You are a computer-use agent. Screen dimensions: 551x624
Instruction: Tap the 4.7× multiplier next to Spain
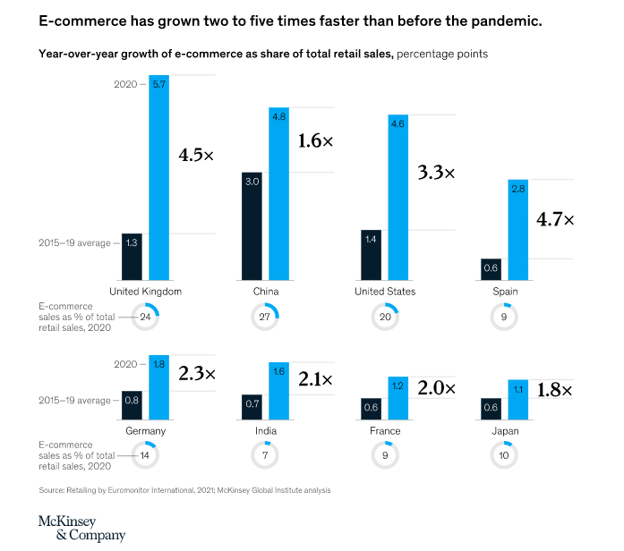point(555,219)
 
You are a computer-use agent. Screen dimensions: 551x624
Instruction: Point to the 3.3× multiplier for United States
point(437,173)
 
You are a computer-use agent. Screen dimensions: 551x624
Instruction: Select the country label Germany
point(145,431)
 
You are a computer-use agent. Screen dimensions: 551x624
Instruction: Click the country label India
point(265,431)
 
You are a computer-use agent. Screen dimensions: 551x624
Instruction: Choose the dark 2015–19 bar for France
point(372,410)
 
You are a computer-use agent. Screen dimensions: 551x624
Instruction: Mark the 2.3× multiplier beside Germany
point(197,373)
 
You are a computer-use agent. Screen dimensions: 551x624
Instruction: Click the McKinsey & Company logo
point(81,528)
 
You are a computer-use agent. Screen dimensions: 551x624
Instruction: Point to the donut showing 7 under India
point(265,455)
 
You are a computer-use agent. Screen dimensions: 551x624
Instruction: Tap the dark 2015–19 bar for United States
point(372,255)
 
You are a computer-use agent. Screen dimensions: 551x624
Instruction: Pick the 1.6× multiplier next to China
point(315,140)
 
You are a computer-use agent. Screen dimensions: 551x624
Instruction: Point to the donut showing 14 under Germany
point(145,455)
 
